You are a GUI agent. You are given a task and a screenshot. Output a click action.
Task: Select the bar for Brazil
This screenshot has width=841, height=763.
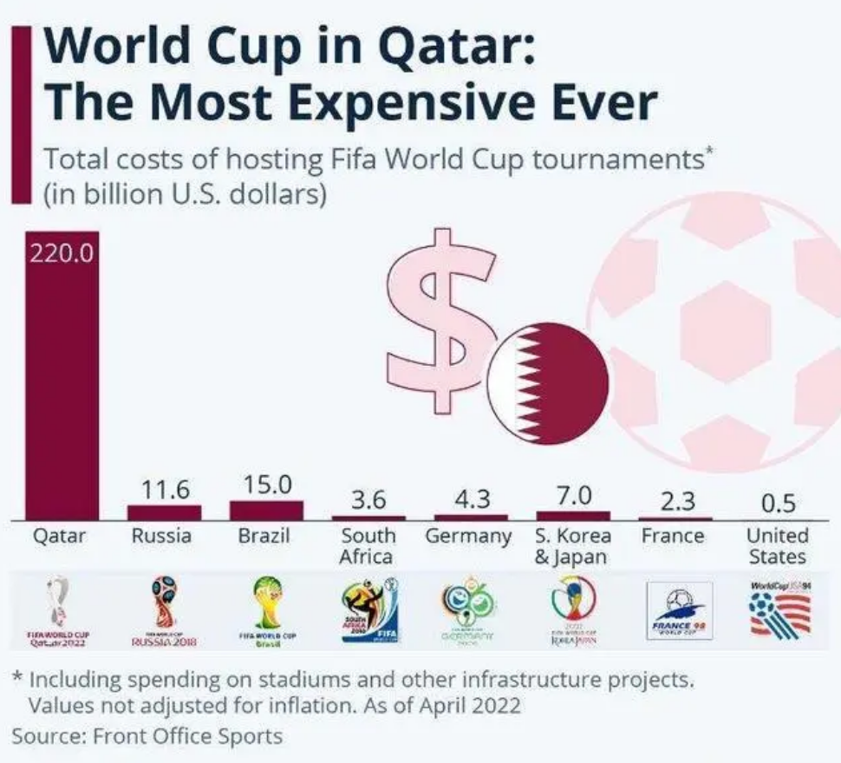[x=266, y=510]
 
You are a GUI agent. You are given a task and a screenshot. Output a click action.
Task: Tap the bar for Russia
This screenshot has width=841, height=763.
[x=164, y=512]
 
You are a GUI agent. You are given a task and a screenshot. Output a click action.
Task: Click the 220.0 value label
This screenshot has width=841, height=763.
[x=62, y=254]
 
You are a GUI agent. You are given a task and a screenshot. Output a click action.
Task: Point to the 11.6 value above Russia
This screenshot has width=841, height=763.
[x=165, y=490]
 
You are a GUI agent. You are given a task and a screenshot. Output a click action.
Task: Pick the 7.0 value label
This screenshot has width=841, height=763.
[x=573, y=496]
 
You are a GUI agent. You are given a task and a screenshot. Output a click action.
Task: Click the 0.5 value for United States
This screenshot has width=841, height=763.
[x=778, y=503]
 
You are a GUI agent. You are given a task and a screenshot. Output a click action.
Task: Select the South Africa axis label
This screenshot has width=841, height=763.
[x=368, y=545]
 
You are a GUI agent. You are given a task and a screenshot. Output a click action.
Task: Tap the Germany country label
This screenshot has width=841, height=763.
[x=468, y=536]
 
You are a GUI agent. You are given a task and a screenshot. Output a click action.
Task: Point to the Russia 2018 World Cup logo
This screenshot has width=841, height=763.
[x=164, y=612]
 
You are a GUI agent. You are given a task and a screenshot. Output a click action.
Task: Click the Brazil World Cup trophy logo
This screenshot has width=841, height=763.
[x=265, y=610]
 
